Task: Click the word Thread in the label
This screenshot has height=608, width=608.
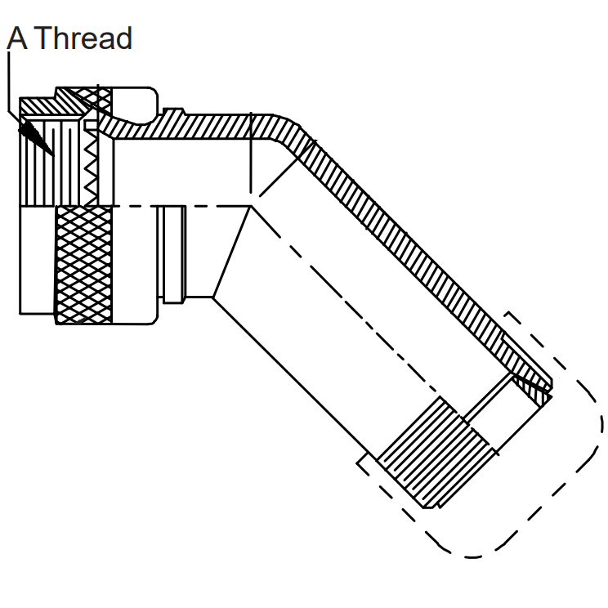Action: [85, 38]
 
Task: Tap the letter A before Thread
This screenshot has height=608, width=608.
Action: [17, 38]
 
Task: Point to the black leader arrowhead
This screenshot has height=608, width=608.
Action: [36, 137]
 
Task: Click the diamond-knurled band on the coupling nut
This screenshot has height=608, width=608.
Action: [84, 265]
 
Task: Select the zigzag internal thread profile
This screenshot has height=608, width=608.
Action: [92, 168]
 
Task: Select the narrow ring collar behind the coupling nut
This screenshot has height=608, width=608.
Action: [172, 254]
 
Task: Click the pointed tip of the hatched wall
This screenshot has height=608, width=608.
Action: [551, 395]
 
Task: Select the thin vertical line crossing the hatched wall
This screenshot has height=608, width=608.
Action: [251, 152]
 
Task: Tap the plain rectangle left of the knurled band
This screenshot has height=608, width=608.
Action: [38, 260]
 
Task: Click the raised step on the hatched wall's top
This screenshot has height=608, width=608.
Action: [174, 113]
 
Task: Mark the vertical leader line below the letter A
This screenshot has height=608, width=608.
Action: [8, 82]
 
